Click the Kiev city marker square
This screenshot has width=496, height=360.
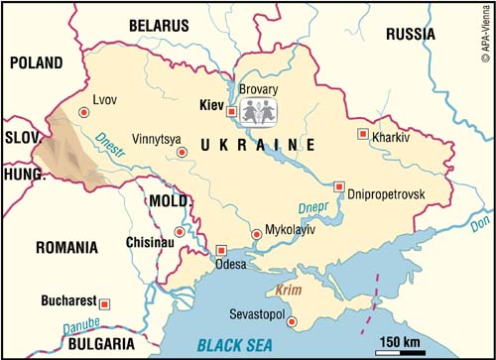(x=231, y=112)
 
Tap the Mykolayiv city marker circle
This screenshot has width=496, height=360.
(x=257, y=233)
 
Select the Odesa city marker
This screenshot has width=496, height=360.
(x=221, y=250)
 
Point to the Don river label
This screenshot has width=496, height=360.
(x=480, y=224)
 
